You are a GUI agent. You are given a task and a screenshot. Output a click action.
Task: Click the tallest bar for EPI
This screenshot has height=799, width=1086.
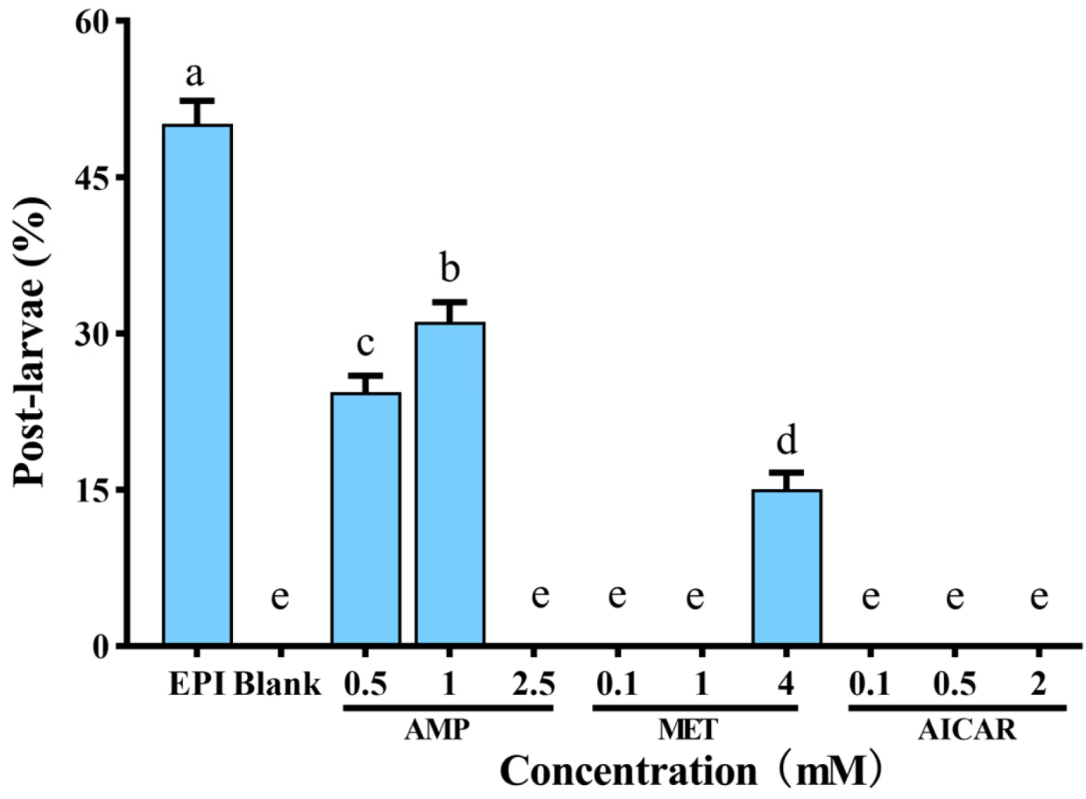point(197,383)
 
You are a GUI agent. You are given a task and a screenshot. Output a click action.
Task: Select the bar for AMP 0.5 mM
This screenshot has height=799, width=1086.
point(366,519)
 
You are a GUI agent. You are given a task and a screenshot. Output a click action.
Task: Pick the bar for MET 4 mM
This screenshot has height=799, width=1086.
point(787,567)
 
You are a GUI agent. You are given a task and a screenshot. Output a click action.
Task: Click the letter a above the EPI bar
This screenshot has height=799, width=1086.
point(195,75)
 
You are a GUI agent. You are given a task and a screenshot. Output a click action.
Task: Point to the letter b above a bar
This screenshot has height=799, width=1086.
point(449,268)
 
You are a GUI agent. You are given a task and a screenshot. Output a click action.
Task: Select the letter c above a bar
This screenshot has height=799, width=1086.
point(365,343)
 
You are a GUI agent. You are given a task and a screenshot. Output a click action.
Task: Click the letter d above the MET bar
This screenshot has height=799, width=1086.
point(787,441)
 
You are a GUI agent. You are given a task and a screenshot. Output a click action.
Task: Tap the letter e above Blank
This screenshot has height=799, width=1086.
point(280,597)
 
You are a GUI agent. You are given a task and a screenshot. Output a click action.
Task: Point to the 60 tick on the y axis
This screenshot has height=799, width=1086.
point(91,21)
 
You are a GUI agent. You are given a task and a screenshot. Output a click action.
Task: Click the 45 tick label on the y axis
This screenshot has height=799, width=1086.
point(91,177)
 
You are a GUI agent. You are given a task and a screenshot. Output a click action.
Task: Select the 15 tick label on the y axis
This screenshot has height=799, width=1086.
point(91,490)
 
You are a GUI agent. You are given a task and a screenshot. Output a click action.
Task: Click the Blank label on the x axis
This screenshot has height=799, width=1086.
point(277,684)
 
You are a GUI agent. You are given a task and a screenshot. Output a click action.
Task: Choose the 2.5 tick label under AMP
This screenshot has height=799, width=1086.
point(534,684)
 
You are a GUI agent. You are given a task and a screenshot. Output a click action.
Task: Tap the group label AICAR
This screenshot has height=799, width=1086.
point(967,730)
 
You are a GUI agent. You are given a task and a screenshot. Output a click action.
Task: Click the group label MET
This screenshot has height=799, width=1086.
point(688,730)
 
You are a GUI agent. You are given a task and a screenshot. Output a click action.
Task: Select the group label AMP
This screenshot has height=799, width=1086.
point(438,730)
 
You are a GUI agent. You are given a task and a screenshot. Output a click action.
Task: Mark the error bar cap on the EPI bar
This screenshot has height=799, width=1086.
point(197,101)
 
